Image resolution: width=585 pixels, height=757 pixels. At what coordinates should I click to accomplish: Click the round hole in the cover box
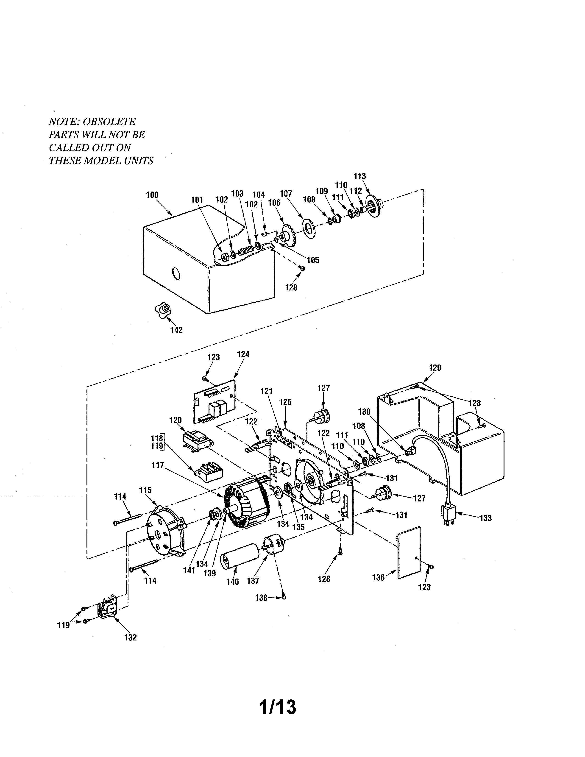coord(176,273)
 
